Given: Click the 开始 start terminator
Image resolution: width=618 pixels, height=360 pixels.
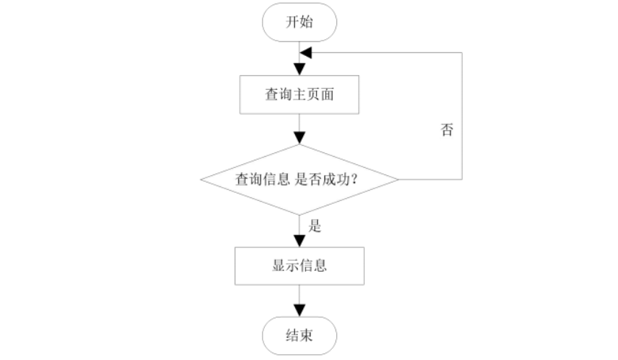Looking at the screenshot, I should [299, 22].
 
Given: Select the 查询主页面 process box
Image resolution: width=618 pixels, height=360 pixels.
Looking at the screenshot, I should [299, 95].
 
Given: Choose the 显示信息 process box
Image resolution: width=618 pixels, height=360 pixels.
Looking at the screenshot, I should [299, 266].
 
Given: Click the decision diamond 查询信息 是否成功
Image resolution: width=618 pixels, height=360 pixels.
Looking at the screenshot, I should [299, 180].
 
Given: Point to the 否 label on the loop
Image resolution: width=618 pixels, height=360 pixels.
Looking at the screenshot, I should [447, 131].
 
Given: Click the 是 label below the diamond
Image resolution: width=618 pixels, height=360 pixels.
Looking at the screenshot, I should [315, 226].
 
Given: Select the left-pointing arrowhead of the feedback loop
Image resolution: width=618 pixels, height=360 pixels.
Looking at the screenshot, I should [306, 53].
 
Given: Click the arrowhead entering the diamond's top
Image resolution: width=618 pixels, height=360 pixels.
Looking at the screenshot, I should [299, 138].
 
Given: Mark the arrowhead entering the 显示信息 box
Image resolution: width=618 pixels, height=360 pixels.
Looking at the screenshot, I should [299, 241].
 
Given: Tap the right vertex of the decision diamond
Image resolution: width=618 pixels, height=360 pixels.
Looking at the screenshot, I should [399, 180].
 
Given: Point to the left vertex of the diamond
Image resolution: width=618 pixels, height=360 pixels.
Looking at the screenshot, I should [201, 180].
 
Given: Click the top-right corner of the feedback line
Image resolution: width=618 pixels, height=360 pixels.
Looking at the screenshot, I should [462, 53].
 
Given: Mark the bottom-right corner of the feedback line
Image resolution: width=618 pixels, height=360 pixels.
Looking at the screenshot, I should [462, 180].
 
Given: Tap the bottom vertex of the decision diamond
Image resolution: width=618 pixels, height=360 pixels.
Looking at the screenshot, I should [299, 215].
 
